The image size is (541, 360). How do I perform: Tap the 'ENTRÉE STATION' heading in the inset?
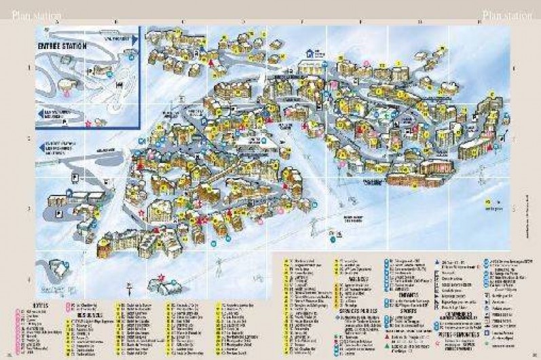pos(63,46)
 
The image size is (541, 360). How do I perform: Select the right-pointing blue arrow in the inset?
pos(134,41)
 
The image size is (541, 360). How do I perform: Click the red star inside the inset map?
pos(88,123)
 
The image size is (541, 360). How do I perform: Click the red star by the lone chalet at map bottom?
pos(161,276)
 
